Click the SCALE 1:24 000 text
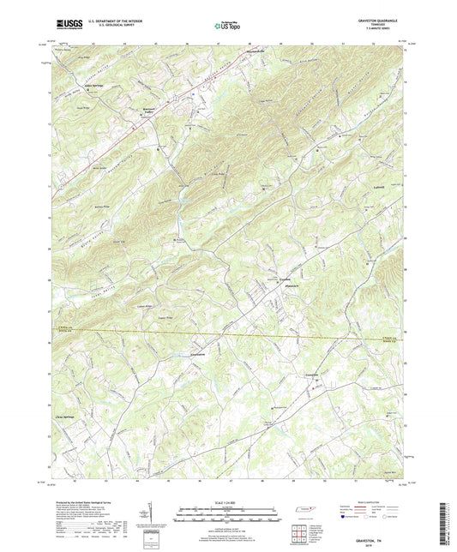coord(228,501)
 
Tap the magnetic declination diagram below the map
coord(156,514)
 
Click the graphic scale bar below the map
coord(228,512)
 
